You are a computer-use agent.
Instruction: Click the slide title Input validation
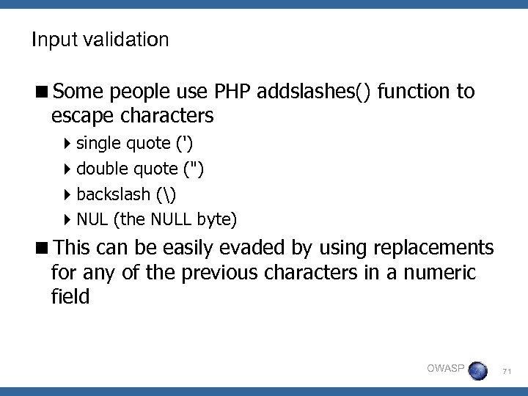point(100,40)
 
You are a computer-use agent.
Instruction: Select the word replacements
point(433,247)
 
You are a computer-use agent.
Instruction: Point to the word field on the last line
point(70,298)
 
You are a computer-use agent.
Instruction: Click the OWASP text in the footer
point(445,368)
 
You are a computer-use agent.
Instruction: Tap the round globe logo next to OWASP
point(477,370)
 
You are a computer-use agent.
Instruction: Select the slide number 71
point(507,373)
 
